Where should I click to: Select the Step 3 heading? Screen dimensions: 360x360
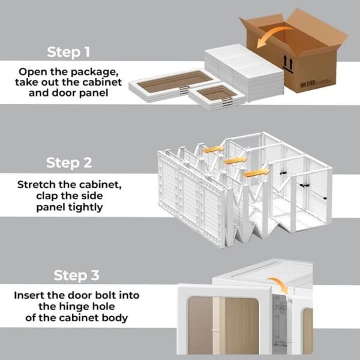coord(76,275)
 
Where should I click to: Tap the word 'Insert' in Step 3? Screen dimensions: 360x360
coord(32,295)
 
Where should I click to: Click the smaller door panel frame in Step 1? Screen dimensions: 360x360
coord(216,93)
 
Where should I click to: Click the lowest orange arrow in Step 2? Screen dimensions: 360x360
coord(255,173)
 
